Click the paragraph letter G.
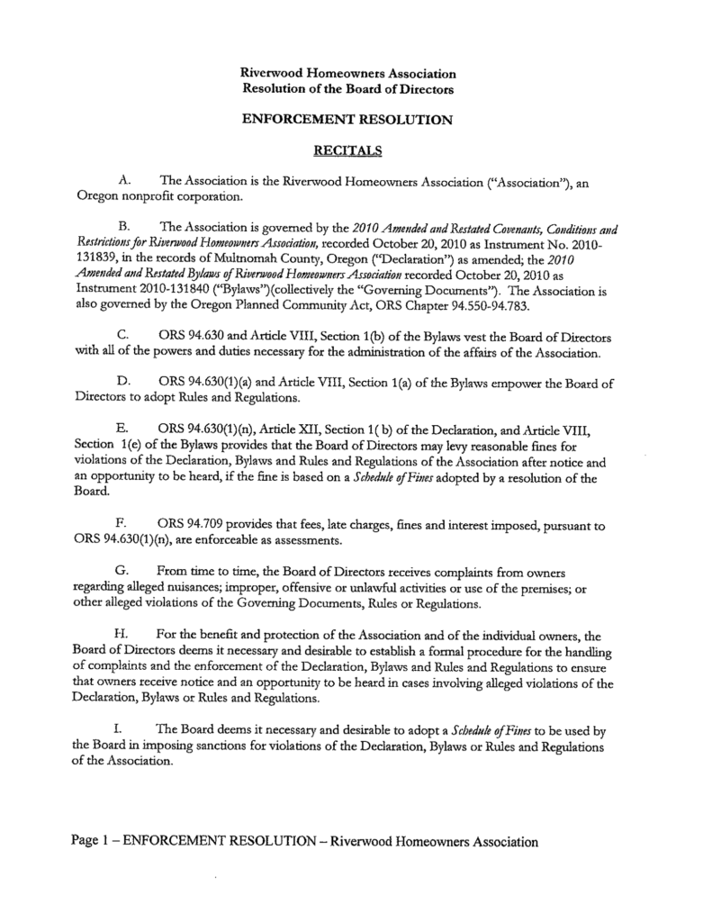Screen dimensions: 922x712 (124, 572)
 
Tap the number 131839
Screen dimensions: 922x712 (93, 255)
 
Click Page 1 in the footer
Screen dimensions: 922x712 (93, 842)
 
